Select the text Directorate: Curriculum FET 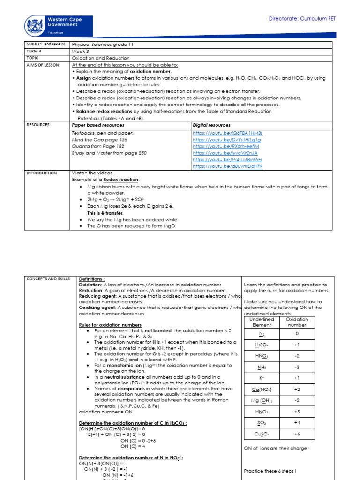pos(302,19)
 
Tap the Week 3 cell pos(80,52)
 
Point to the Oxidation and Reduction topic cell pos(101,58)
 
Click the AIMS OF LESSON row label pos(43,65)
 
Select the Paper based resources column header pos(98,125)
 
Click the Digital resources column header pos(211,125)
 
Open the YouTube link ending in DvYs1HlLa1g pos(227,140)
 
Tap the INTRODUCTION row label pos(41,173)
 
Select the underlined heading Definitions pos(92,278)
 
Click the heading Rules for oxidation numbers pos(110,325)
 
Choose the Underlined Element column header pos(262,322)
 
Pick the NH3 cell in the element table pos(262,367)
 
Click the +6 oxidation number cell pos(297,434)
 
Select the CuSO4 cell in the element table pos(262,434)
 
